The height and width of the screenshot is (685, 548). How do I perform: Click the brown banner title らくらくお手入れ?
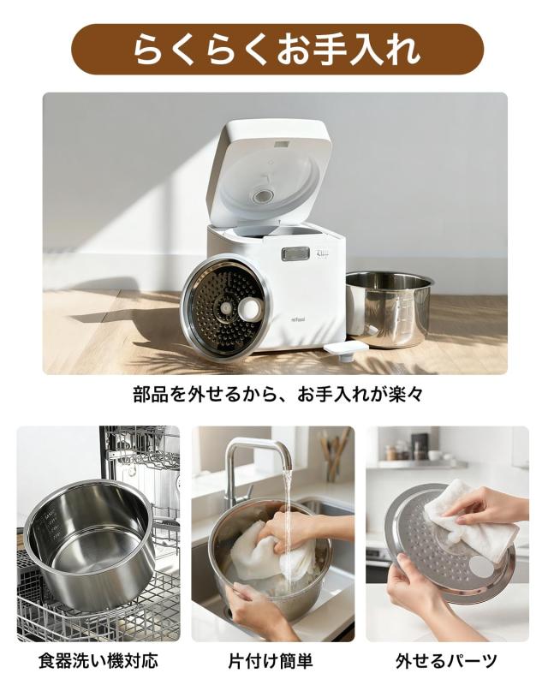(274, 49)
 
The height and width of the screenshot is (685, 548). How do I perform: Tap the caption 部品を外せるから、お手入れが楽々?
(274, 395)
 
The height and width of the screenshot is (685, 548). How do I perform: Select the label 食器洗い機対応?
(98, 661)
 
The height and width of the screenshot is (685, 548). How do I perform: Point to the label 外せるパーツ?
(446, 661)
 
